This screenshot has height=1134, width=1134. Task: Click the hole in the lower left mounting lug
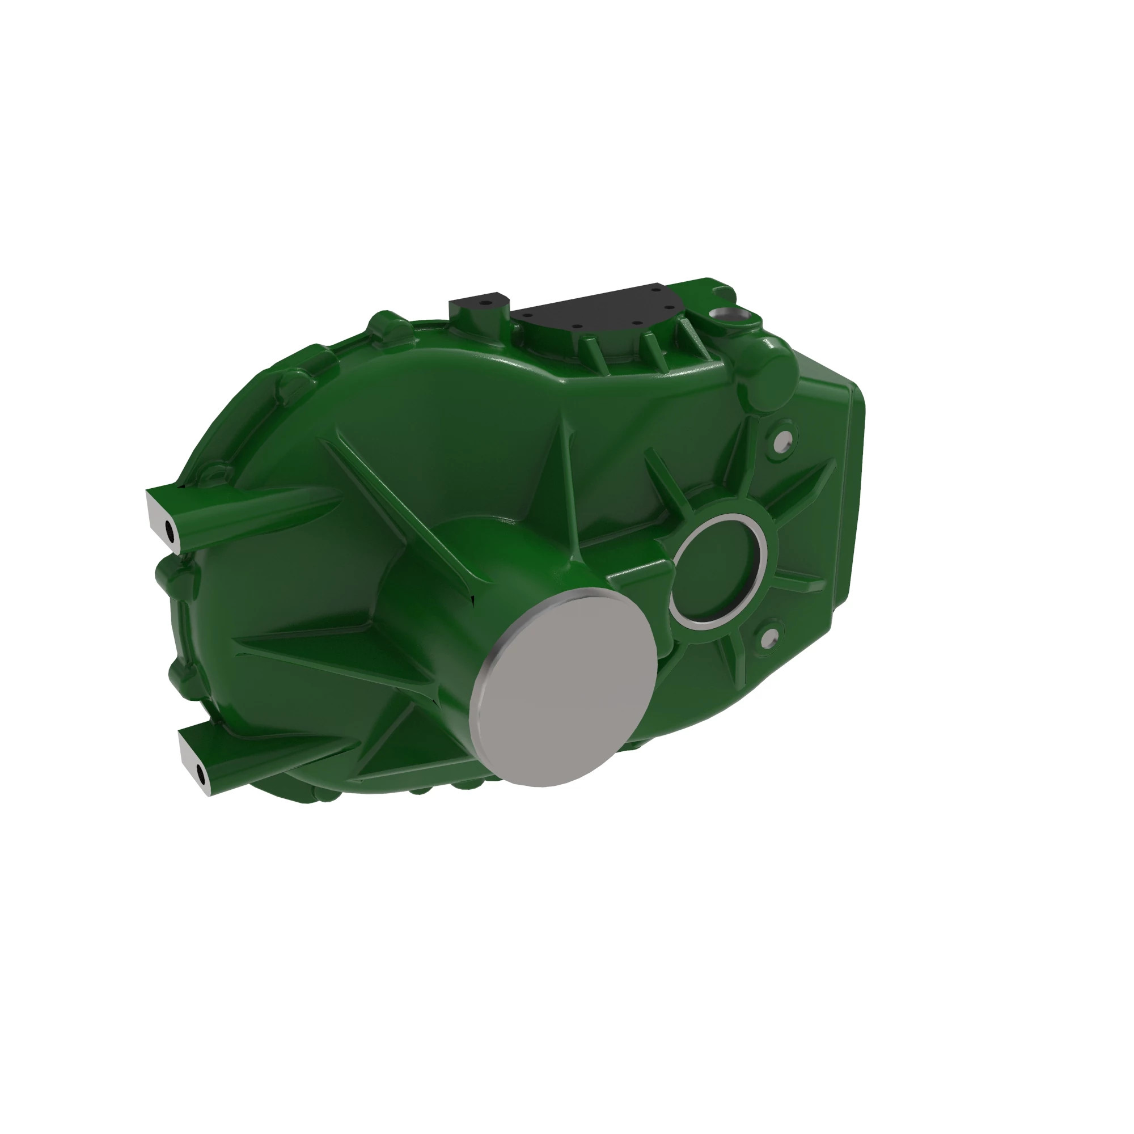[x=200, y=775]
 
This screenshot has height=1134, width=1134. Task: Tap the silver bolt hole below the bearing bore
[x=770, y=634]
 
